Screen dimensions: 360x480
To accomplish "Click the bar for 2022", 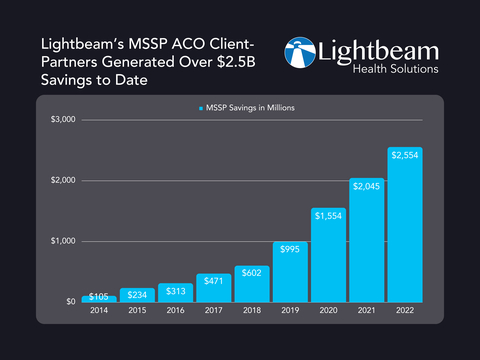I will (x=404, y=224).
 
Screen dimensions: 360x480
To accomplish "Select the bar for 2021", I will (x=366, y=240).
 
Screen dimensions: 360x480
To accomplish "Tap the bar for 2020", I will (x=327, y=255).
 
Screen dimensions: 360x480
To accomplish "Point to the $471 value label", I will (x=213, y=283).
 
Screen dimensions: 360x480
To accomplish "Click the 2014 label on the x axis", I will (x=98, y=312).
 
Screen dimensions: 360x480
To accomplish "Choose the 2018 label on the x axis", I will (x=251, y=312).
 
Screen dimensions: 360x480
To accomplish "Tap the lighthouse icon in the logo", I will (x=303, y=57).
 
